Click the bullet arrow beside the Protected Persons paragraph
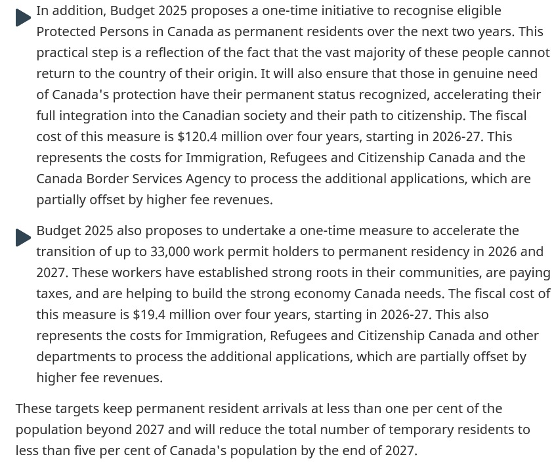click(23, 18)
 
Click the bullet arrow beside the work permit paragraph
click(23, 237)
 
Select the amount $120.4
click(196, 137)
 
